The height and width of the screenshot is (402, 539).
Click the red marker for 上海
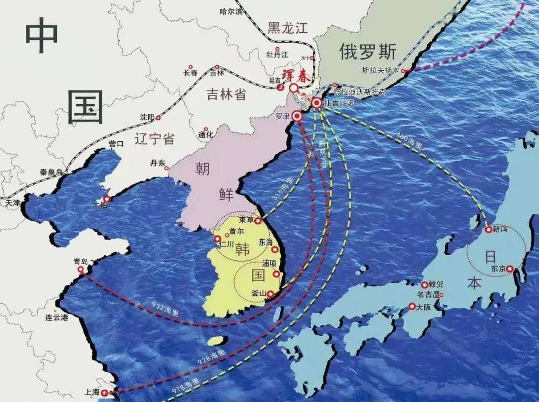coord(105,393)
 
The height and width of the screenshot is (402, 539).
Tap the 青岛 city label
coord(81,262)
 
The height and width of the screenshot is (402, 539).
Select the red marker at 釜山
coord(270,294)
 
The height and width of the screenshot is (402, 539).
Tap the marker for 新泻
coord(488,230)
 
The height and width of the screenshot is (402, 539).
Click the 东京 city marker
coord(510,269)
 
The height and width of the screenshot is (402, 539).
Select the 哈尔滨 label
coord(231,12)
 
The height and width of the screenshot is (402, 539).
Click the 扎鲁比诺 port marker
coord(316,103)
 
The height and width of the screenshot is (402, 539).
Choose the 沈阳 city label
coord(147,117)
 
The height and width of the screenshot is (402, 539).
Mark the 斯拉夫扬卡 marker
coord(404,71)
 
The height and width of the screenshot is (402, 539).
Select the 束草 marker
coord(258,221)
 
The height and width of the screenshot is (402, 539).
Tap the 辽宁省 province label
coord(155,139)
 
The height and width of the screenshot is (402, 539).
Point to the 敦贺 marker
coord(424,285)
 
